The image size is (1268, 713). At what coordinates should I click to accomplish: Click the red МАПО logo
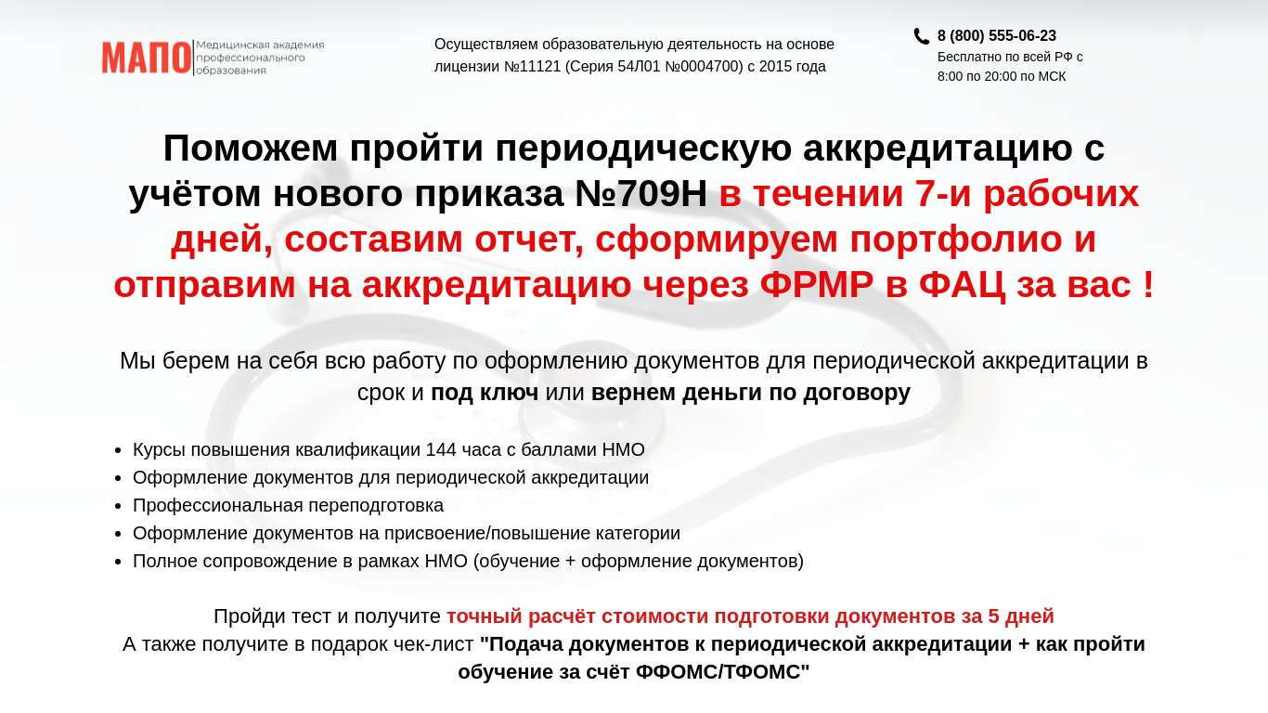coord(147,58)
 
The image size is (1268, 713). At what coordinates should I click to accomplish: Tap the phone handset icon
coord(921,36)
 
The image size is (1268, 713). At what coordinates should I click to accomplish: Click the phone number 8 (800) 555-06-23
coord(996,36)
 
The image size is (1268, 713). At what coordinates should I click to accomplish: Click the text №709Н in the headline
coord(640,193)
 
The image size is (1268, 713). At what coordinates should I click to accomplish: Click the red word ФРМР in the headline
coord(816,284)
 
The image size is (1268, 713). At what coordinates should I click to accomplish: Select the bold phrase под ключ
coord(484,393)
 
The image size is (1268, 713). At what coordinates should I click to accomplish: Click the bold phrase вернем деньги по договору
coord(750,393)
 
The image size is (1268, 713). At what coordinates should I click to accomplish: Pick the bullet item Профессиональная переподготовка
coord(288,506)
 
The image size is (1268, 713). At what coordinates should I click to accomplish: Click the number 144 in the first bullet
coord(442,450)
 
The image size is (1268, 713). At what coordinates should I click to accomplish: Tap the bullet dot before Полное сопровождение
coord(118,562)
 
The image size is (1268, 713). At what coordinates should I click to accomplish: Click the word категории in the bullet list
coord(636,534)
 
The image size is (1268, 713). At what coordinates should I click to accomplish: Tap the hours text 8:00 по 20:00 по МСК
coord(1002,77)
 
